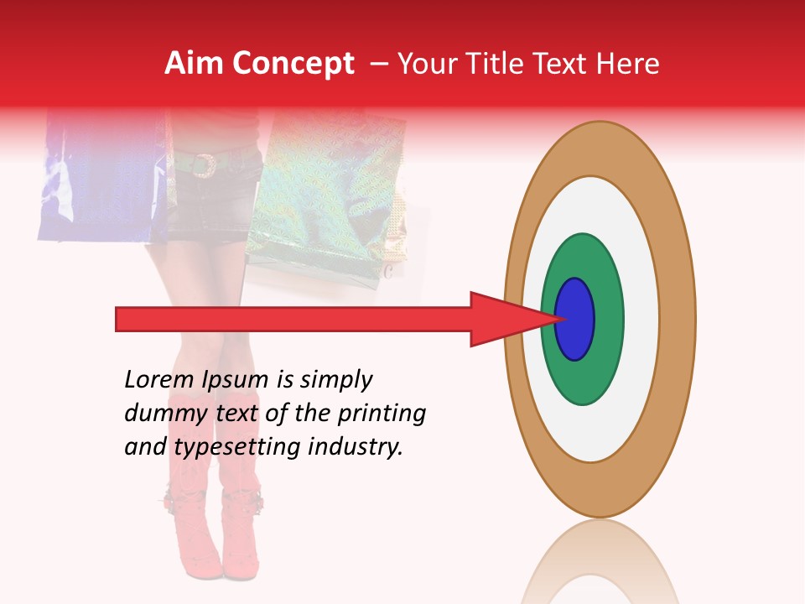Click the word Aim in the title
pos(194,64)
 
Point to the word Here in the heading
pos(631,64)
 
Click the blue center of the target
pos(575,319)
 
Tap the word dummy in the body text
pos(164,414)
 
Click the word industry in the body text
pos(356,447)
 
